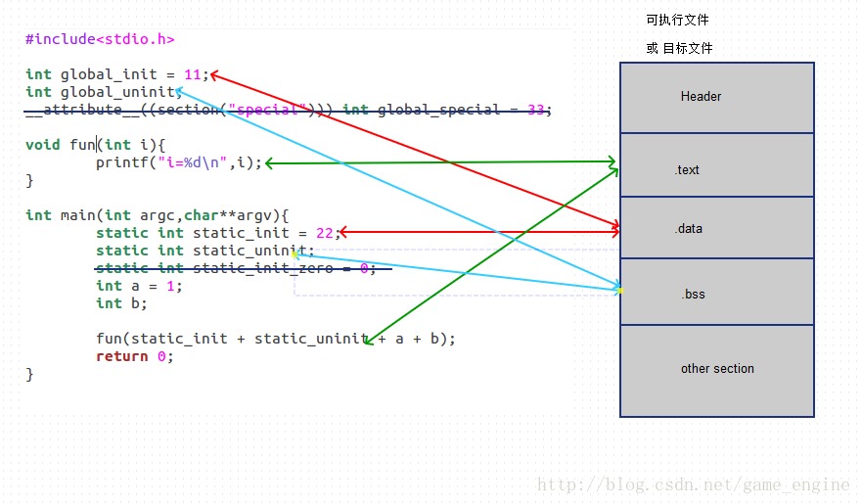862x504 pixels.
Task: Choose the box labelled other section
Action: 716,370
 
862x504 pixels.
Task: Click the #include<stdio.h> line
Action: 100,39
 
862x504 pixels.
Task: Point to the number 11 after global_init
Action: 192,74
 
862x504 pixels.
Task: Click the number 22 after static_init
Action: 325,233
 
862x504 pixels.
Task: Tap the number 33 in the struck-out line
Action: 535,110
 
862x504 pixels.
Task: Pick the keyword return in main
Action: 122,356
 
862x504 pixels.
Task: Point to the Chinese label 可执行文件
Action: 677,20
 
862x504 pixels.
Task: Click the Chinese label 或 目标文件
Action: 679,48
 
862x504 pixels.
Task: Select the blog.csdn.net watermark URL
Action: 694,484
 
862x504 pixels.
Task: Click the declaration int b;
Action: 121,303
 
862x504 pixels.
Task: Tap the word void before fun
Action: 42,145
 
